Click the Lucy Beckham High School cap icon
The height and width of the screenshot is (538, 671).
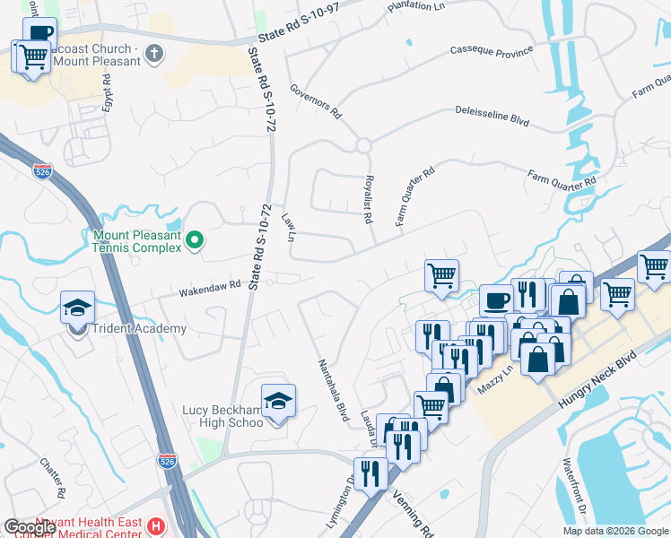pyautogui.click(x=278, y=399)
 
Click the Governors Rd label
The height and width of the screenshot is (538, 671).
pyautogui.click(x=317, y=101)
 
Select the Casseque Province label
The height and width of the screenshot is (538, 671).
pyautogui.click(x=492, y=53)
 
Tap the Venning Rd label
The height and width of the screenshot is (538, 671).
pyautogui.click(x=414, y=516)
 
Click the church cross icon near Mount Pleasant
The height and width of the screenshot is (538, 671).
pyautogui.click(x=154, y=53)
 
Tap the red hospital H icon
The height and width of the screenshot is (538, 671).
pyautogui.click(x=157, y=526)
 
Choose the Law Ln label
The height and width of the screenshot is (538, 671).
pyautogui.click(x=288, y=227)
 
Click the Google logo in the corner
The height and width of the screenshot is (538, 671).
pyautogui.click(x=30, y=527)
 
